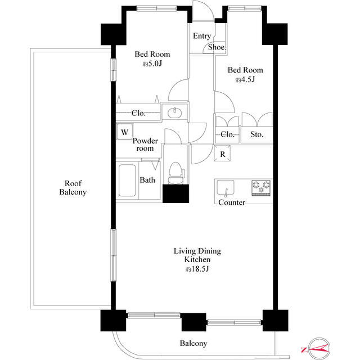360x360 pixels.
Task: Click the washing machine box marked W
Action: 125,132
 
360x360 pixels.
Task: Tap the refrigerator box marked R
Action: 222,154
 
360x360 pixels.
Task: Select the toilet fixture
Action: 176,173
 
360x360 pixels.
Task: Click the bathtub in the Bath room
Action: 127,180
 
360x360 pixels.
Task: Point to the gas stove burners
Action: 261,187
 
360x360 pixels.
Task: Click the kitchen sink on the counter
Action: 226,188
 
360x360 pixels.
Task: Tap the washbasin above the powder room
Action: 174,112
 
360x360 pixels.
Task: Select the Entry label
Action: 202,36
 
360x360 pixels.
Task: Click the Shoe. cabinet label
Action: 217,47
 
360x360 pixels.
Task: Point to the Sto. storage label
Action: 256,134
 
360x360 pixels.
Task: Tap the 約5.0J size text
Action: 152,64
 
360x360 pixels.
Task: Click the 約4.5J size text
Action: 245,80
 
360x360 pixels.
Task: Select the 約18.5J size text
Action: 197,269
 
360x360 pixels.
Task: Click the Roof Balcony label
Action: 73,187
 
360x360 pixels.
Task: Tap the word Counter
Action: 232,202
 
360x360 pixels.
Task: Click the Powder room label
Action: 145,145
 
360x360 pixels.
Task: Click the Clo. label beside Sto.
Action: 227,134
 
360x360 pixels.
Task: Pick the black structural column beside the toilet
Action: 176,193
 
